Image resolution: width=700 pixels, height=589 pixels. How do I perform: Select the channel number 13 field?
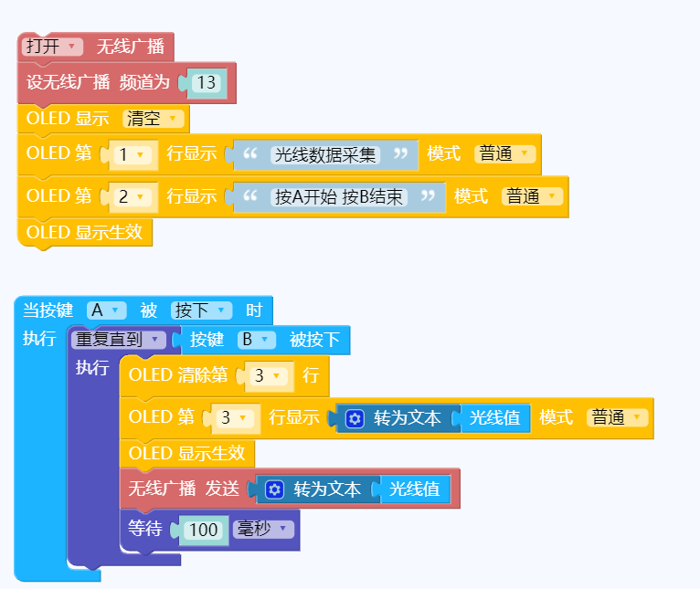(x=207, y=83)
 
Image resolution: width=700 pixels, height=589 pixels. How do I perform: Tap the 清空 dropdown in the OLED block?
(x=153, y=119)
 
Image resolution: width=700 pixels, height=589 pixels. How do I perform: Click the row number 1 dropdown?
(x=133, y=154)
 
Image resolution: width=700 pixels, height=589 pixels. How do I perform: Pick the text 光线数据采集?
(x=325, y=155)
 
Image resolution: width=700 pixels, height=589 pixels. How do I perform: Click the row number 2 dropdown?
(x=133, y=196)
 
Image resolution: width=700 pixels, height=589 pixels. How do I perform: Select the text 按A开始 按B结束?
(x=339, y=196)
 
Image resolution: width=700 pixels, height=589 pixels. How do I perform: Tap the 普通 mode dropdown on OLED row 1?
(x=504, y=153)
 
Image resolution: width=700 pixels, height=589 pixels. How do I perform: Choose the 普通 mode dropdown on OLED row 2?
(x=532, y=196)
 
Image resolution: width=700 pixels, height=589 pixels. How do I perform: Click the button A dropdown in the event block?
(x=106, y=310)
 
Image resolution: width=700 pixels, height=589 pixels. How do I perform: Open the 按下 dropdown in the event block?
(x=201, y=310)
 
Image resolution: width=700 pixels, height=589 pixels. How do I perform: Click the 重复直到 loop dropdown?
(x=118, y=340)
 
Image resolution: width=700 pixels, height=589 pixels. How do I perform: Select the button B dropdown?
(x=256, y=340)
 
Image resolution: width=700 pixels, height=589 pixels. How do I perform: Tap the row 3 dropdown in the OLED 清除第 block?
(x=269, y=375)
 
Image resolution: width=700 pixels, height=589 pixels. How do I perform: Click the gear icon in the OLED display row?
(x=355, y=419)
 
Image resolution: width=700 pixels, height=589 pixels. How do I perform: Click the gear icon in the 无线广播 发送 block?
(x=274, y=489)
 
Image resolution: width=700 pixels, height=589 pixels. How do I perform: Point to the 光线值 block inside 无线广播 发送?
(x=414, y=489)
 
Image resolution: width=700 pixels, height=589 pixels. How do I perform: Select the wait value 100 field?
(x=204, y=530)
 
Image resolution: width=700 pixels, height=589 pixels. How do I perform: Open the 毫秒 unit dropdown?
(x=263, y=530)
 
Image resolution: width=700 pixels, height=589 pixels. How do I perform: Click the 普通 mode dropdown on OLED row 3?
(x=617, y=417)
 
